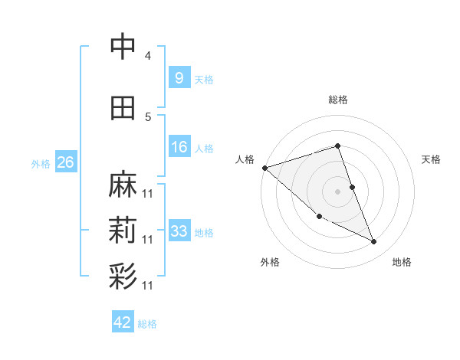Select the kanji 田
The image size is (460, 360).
click(123, 108)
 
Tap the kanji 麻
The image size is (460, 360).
click(123, 185)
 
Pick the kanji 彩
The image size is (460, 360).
click(123, 276)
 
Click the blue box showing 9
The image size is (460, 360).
click(179, 78)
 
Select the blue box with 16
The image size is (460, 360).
click(179, 148)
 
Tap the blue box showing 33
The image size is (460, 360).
click(179, 231)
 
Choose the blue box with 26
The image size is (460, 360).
click(65, 163)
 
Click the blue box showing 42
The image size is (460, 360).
click(123, 322)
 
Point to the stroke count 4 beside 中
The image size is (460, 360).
click(148, 56)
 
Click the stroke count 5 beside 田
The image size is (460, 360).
click(148, 117)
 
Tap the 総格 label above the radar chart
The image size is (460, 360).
click(338, 100)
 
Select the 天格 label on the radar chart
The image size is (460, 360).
click(431, 159)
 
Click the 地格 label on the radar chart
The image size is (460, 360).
click(402, 262)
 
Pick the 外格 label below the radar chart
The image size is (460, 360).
click(270, 262)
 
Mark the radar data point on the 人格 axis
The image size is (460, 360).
click(264, 168)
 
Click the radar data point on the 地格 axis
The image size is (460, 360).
click(374, 242)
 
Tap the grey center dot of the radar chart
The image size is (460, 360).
click(337, 191)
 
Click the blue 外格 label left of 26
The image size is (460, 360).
click(41, 164)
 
